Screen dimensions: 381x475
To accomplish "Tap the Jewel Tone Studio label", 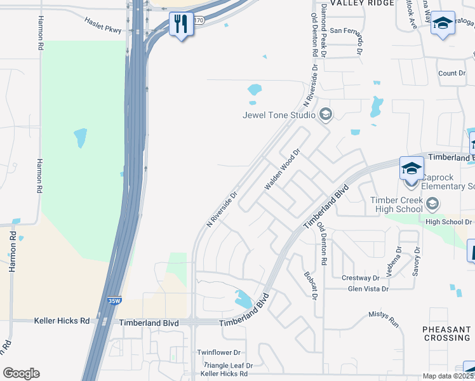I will (279, 115).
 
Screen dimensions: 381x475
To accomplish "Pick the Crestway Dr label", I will (360, 277).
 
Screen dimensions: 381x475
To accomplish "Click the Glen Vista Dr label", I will (368, 289).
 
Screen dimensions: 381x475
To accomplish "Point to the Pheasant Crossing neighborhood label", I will (446, 333).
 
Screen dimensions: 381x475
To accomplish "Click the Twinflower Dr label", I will (218, 352).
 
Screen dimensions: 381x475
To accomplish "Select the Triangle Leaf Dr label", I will (227, 366).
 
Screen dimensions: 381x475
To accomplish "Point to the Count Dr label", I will (452, 74).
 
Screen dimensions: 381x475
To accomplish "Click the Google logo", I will (21, 373).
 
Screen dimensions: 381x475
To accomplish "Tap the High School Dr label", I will (450, 222).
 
